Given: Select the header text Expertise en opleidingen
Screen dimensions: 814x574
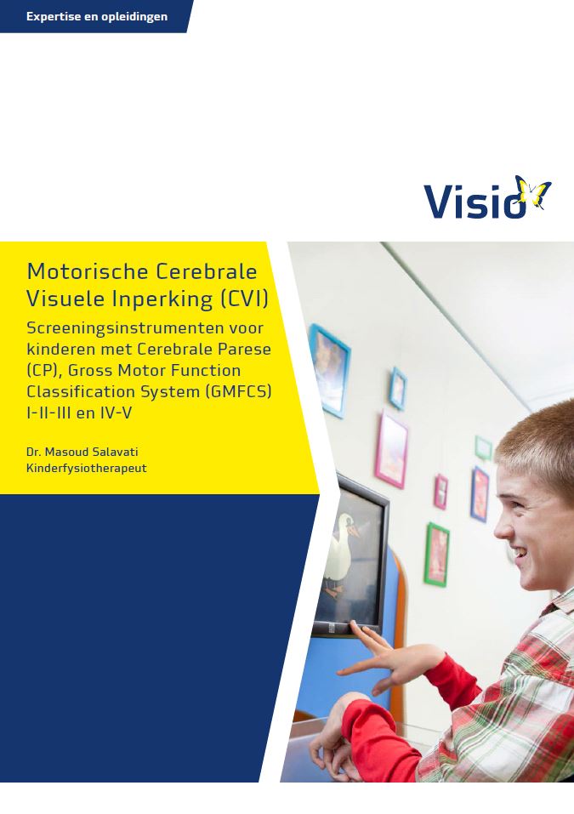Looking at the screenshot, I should pyautogui.click(x=97, y=16).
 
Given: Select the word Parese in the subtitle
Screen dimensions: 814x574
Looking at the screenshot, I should pyautogui.click(x=247, y=349).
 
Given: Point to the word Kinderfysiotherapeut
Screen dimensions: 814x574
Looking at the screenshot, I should pyautogui.click(x=86, y=468).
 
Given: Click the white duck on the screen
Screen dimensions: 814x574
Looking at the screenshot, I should pyautogui.click(x=344, y=549).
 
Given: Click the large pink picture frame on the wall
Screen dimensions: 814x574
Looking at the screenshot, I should pyautogui.click(x=391, y=448).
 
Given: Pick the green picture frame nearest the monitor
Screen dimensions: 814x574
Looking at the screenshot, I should pyautogui.click(x=436, y=554).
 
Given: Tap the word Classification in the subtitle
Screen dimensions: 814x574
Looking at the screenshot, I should pyautogui.click(x=82, y=391).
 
